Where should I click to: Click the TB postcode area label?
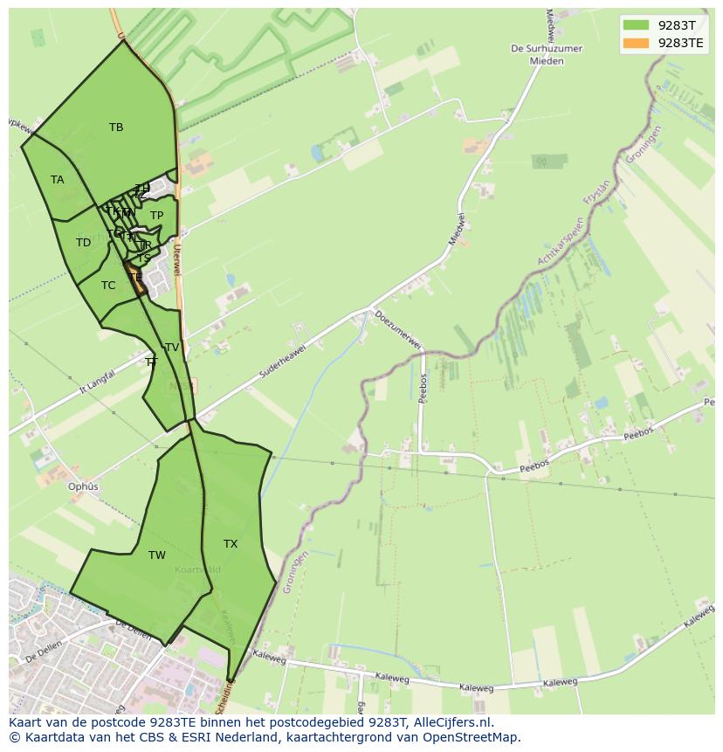pyautogui.click(x=116, y=128)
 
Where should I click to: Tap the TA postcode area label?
pyautogui.click(x=58, y=180)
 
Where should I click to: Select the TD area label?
pyautogui.click(x=83, y=243)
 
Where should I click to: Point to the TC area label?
pyautogui.click(x=108, y=286)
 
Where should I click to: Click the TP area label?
pyautogui.click(x=156, y=216)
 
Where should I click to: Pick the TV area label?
pyautogui.click(x=172, y=348)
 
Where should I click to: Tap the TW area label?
pyautogui.click(x=157, y=555)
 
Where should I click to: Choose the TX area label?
pyautogui.click(x=231, y=544)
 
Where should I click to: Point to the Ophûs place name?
pyautogui.click(x=84, y=486)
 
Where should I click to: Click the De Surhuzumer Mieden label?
pyautogui.click(x=547, y=55)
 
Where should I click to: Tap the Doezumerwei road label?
pyautogui.click(x=398, y=331)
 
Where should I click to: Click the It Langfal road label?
pyautogui.click(x=97, y=382)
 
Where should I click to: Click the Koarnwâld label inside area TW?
pyautogui.click(x=197, y=569)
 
